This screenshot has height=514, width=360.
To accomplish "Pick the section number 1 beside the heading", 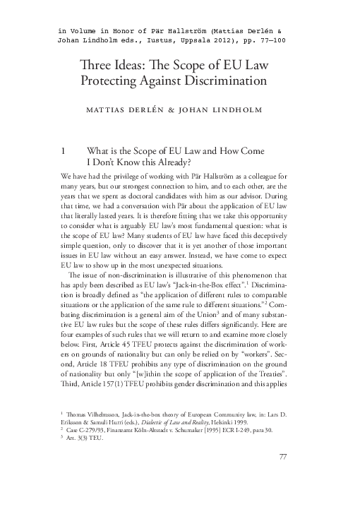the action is [64, 150].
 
